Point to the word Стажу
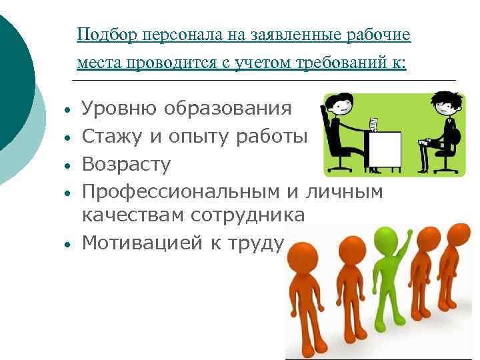(x=109, y=136)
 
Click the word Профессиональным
(x=175, y=192)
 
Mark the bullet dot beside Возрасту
(x=68, y=165)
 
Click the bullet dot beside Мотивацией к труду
(x=68, y=244)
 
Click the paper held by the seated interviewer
(x=374, y=124)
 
